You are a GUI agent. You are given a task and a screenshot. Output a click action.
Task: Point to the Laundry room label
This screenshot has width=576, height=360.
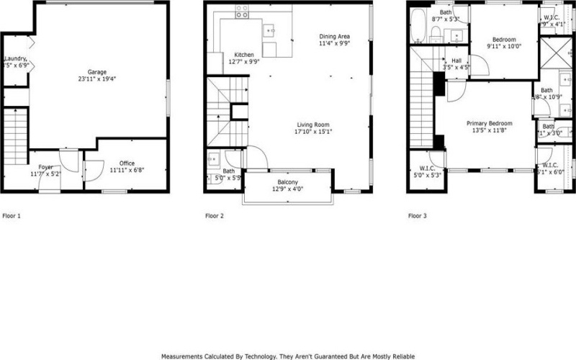(15, 59)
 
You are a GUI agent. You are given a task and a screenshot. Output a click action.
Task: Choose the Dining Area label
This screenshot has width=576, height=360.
(335, 36)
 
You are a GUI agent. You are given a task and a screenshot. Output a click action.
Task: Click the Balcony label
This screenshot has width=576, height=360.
(288, 182)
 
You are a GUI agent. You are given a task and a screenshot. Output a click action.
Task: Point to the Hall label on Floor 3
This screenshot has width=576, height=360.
(456, 61)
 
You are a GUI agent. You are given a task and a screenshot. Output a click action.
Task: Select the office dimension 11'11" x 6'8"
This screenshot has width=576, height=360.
(122, 171)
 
